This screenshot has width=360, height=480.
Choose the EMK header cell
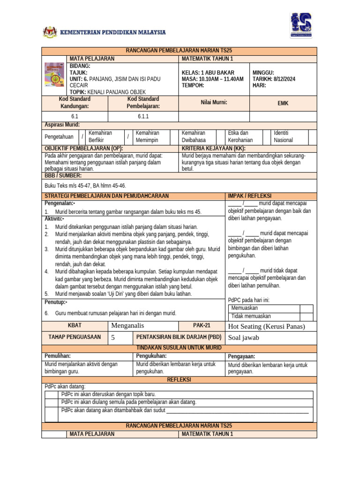click(283, 103)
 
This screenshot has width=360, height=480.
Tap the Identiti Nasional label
click(284, 136)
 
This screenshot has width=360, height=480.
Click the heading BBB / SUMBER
click(63, 175)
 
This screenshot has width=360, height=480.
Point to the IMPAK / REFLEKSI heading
click(249, 195)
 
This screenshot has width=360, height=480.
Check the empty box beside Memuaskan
click(307, 308)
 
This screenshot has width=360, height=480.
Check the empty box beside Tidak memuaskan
click(307, 316)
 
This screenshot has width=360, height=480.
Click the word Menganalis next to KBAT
click(128, 326)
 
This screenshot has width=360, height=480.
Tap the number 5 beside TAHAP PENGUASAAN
click(112, 337)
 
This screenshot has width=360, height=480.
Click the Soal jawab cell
click(244, 337)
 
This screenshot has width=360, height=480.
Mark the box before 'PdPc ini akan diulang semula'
click(52, 402)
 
